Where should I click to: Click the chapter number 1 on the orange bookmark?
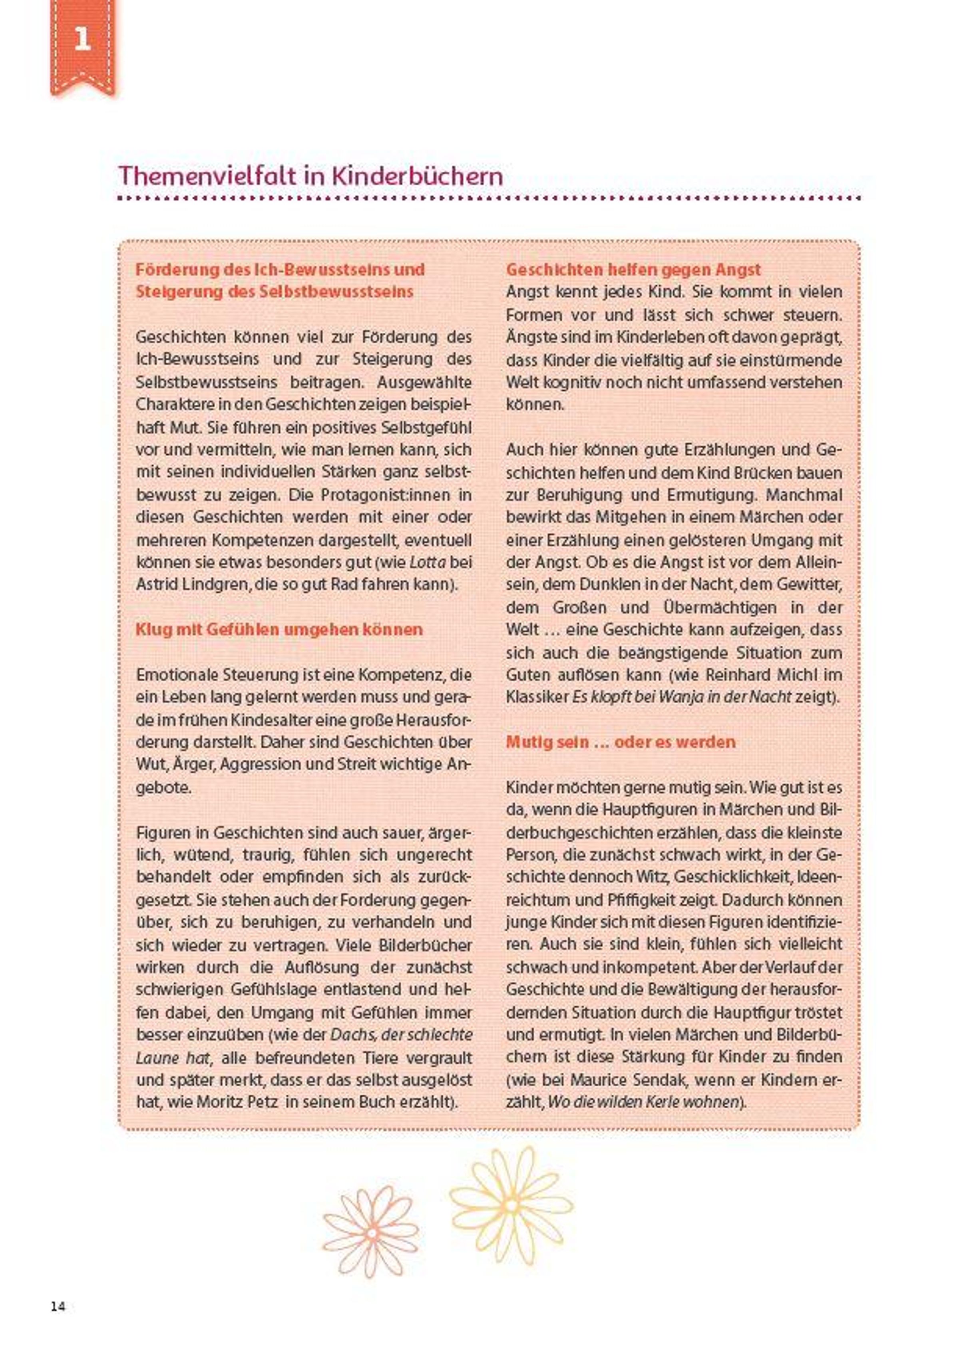point(82,40)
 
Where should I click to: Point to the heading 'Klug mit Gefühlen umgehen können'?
point(279,629)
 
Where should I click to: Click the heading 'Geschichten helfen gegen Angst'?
point(633,270)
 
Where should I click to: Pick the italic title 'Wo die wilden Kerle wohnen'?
point(644,1101)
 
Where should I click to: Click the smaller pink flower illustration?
point(371,1233)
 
